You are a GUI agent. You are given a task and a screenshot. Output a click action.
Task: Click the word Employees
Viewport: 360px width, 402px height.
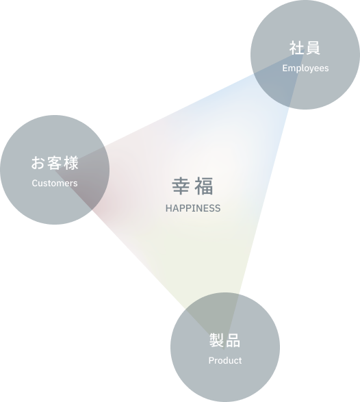[305, 68]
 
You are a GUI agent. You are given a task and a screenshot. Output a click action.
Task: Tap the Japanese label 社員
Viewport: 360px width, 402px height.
[305, 48]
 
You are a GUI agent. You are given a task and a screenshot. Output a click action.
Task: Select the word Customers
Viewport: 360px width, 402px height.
[55, 183]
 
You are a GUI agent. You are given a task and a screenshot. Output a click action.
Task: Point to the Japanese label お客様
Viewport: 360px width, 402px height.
[55, 163]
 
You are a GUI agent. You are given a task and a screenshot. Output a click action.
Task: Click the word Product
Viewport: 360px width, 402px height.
[225, 360]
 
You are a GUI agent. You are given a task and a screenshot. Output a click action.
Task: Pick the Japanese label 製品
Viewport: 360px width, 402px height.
[224, 340]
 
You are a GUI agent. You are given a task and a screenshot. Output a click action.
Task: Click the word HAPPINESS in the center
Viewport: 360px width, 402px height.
[193, 208]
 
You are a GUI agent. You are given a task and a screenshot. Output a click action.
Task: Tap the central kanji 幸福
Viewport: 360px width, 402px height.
[192, 186]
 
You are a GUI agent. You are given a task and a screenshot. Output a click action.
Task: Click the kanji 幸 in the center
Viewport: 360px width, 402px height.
[181, 186]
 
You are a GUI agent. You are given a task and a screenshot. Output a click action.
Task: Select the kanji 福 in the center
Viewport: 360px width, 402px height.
[204, 186]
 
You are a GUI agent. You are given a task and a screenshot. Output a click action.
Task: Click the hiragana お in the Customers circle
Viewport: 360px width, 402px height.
[38, 163]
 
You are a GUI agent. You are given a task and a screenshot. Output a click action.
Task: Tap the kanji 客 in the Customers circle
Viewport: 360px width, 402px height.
[55, 163]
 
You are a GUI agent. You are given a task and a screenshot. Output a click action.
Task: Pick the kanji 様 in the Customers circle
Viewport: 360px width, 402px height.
[71, 163]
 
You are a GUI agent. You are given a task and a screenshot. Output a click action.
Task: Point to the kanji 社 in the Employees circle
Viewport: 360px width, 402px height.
[297, 48]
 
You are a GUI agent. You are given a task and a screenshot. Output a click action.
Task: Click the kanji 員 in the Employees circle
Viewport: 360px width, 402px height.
[313, 48]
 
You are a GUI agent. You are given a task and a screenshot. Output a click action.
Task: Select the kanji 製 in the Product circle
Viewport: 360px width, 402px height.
[217, 340]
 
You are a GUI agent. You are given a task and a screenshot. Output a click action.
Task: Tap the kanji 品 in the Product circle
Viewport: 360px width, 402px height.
[233, 340]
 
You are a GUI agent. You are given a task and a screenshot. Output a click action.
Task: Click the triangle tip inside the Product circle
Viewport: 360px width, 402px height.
[224, 349]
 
